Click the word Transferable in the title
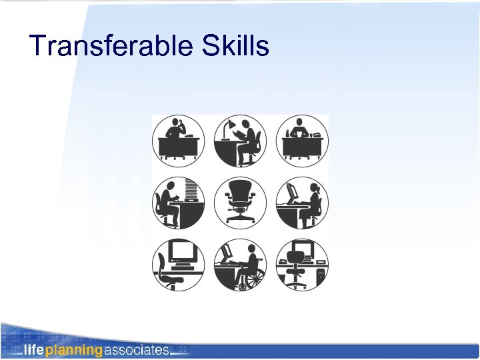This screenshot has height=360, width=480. click(x=109, y=46)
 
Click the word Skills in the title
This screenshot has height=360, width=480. click(x=233, y=46)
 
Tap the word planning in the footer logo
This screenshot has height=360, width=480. click(x=73, y=349)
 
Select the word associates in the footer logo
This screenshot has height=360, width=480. click(x=137, y=349)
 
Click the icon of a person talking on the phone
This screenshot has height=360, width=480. click(x=177, y=141)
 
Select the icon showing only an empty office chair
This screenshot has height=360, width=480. click(x=240, y=202)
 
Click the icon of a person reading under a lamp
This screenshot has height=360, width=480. click(x=240, y=141)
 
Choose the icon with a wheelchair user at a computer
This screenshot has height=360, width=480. click(x=240, y=264)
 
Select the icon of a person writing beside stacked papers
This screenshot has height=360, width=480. click(x=177, y=202)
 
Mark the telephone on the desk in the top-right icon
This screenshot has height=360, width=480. click(x=317, y=135)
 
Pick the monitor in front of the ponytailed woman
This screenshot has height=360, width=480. click(x=293, y=193)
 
